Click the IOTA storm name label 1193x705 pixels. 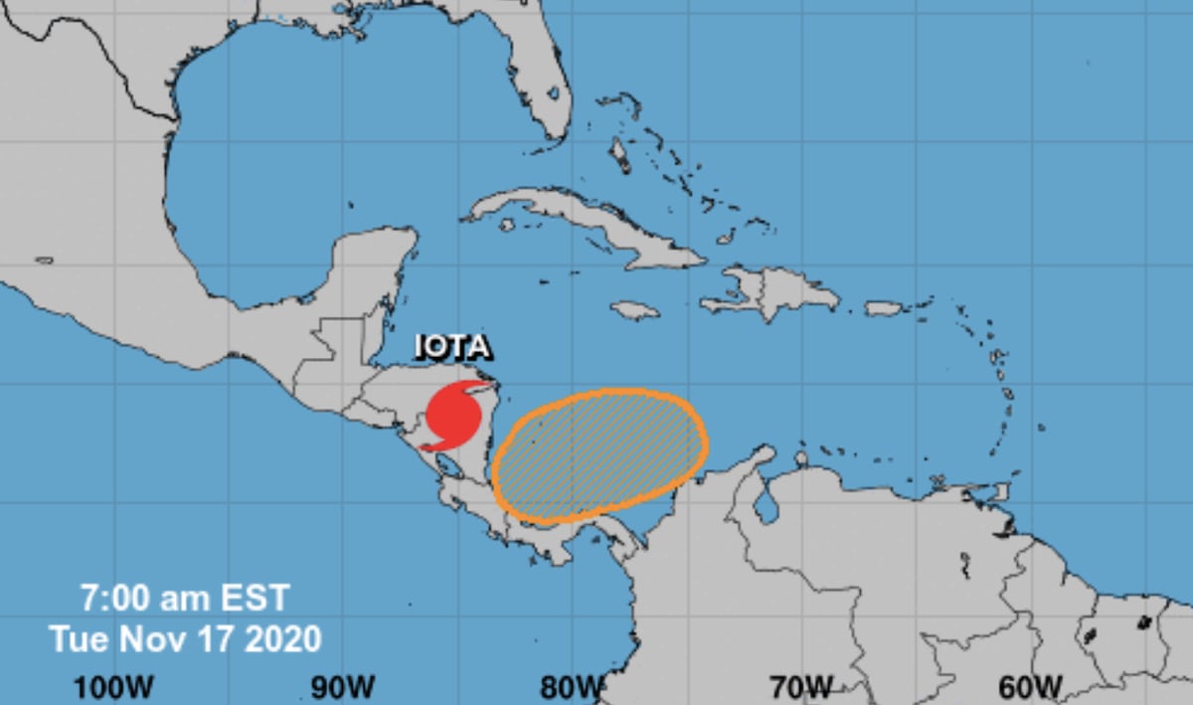tap(453, 348)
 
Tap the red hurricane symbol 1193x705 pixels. tap(451, 415)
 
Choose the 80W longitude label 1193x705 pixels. tap(573, 686)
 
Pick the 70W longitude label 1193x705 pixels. tap(800, 686)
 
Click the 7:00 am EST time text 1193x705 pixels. tap(186, 598)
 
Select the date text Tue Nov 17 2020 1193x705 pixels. tap(186, 638)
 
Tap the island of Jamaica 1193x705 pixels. tap(634, 310)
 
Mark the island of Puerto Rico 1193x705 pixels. tap(883, 308)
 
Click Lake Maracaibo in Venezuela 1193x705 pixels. tap(766, 504)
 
